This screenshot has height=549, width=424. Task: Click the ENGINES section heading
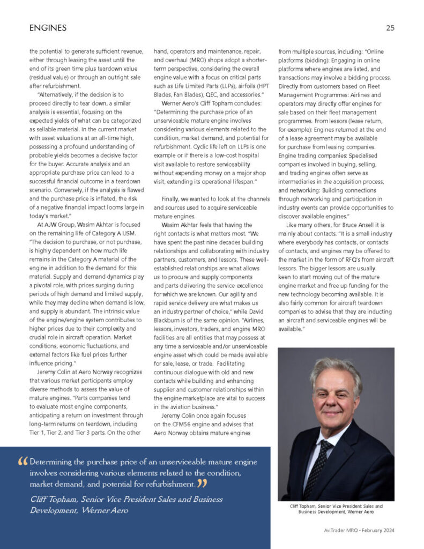[48, 27]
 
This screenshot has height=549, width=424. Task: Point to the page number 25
[390, 28]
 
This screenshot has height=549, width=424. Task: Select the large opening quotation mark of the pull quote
[23, 462]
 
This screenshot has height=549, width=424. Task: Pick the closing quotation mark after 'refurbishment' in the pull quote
[202, 484]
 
